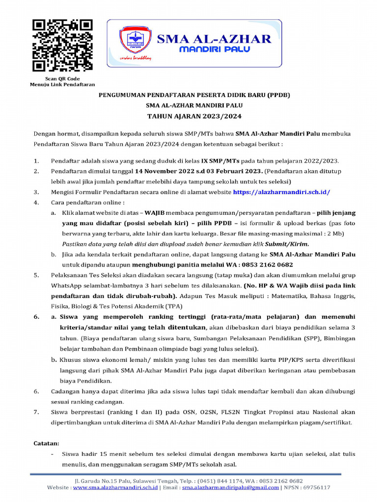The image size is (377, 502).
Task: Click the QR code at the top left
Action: click(62, 45)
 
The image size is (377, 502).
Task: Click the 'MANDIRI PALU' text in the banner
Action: click(214, 50)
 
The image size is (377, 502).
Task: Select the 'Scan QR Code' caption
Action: click(62, 78)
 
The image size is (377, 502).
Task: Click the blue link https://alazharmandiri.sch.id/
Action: click(281, 192)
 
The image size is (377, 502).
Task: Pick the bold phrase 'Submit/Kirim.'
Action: click(292, 244)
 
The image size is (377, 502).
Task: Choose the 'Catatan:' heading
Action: click(46, 443)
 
